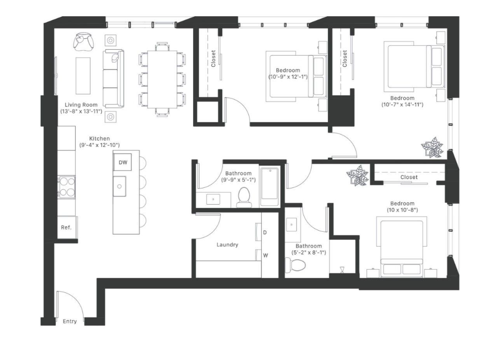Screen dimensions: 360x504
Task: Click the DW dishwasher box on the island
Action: click(x=122, y=162)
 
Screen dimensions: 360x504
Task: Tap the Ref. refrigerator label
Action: click(x=66, y=227)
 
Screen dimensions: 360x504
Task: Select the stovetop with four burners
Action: click(x=66, y=187)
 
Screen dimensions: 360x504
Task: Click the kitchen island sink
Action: click(x=119, y=186)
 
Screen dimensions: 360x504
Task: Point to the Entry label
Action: click(x=70, y=322)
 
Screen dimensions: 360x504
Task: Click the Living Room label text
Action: click(x=81, y=105)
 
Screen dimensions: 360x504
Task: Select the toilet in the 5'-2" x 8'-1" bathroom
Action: click(x=297, y=265)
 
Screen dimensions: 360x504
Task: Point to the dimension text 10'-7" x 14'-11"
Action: click(x=402, y=105)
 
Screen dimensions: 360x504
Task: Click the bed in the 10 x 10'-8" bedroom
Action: click(x=400, y=248)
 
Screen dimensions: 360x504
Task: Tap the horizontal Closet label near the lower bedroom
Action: click(x=409, y=177)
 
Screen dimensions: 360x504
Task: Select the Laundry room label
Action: click(x=227, y=245)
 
